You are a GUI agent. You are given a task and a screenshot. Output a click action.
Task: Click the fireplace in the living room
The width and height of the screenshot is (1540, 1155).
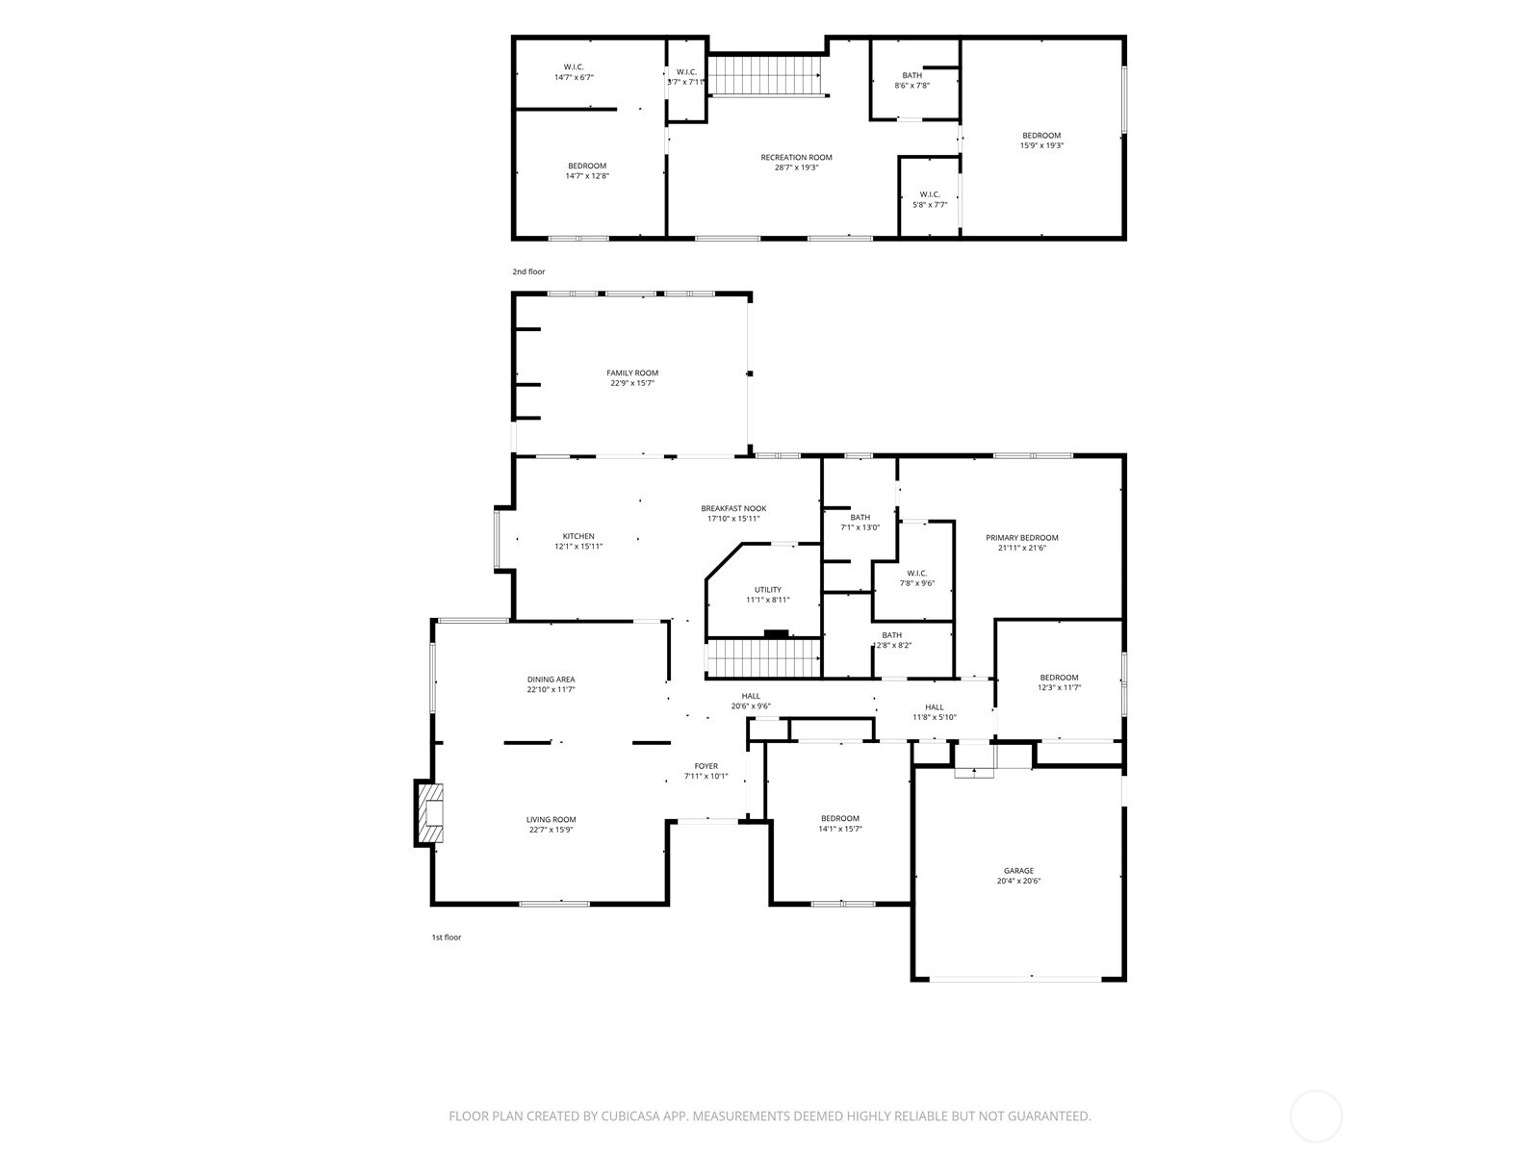tap(429, 812)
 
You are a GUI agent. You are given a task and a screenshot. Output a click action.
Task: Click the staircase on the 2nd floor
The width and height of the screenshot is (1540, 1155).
tap(765, 76)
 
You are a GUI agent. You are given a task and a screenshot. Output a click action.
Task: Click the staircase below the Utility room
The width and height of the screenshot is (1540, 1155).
tap(763, 657)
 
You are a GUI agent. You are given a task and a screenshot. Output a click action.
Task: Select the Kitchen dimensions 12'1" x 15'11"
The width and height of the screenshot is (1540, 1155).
tap(578, 547)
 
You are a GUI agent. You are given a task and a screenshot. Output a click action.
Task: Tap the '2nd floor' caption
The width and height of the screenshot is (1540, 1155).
tap(528, 271)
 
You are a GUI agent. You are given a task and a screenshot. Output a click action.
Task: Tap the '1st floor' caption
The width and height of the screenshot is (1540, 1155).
tap(447, 937)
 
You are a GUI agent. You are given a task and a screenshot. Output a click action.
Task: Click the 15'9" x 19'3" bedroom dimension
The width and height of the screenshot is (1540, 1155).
tap(1041, 146)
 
